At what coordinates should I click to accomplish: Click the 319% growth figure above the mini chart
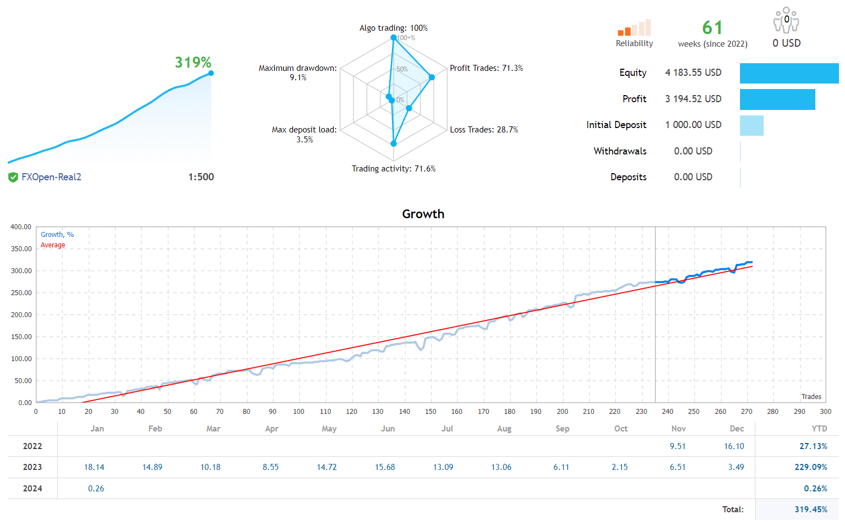(193, 63)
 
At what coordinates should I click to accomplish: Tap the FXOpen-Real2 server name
(51, 177)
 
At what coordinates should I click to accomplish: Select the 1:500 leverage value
(201, 177)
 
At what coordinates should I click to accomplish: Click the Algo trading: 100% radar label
(393, 28)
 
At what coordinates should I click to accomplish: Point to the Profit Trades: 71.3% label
(486, 68)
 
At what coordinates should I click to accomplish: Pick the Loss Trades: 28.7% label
(484, 130)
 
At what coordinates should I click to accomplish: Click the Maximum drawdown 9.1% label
(297, 73)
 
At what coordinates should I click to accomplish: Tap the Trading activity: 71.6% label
(393, 169)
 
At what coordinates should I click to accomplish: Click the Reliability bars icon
(634, 28)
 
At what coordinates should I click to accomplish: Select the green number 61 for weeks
(712, 27)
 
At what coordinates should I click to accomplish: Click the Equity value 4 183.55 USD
(693, 73)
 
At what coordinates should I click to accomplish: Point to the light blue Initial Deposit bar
(752, 125)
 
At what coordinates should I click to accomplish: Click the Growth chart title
(423, 214)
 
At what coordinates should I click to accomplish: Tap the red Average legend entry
(53, 245)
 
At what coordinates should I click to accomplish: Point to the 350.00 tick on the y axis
(21, 249)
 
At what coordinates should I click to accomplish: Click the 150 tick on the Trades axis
(430, 411)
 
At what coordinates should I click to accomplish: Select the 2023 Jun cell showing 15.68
(385, 467)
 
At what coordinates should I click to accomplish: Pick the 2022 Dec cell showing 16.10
(733, 446)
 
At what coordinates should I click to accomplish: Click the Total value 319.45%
(810, 510)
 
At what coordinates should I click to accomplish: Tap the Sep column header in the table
(562, 429)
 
